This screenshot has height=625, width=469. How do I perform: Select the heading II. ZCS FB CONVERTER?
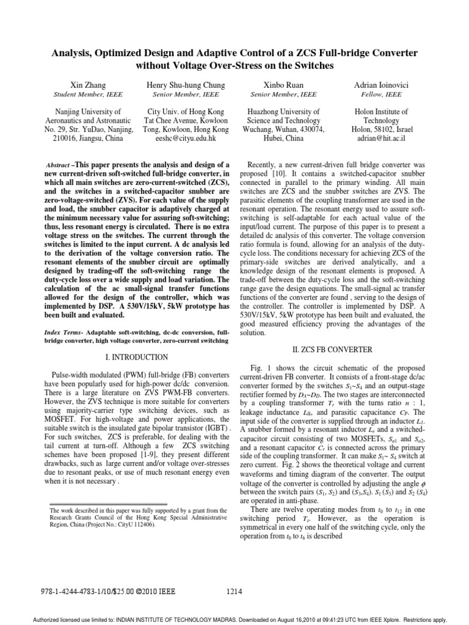[x=340, y=350]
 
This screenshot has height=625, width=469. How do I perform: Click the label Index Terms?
[x=64, y=333]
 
